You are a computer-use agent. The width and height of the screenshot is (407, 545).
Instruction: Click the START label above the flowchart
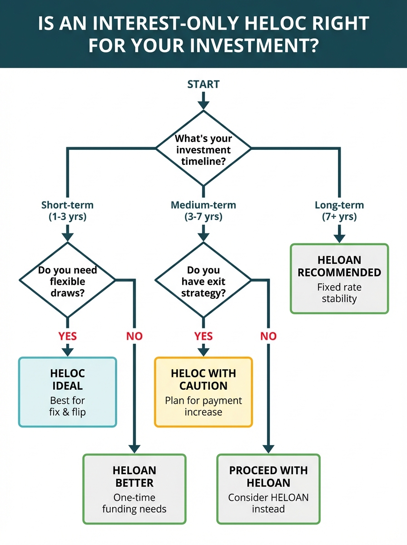pos(203,84)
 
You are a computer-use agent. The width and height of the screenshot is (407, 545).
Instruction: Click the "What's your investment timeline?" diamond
pos(203,149)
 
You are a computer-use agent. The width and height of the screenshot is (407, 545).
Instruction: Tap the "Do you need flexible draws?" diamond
pos(67,281)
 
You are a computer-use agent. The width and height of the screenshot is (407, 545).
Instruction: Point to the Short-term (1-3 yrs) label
pos(67,211)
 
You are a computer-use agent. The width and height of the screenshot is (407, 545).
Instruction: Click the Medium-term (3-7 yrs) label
pos(203,211)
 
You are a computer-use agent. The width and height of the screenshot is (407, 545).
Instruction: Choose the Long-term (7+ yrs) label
pos(339,211)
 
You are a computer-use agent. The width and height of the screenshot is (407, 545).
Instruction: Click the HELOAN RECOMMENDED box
pos(339,278)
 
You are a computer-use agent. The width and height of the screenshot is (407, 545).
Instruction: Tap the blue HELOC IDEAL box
pos(67,392)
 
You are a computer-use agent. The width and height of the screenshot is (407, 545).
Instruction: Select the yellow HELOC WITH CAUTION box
pos(203,392)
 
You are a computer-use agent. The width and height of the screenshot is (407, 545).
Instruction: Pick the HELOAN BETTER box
pos(134,489)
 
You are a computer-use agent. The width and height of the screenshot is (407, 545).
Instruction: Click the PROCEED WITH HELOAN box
pos(268,489)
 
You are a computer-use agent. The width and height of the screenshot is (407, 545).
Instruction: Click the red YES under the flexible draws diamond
pos(67,337)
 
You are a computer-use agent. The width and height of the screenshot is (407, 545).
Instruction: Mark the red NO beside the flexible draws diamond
pos(134,337)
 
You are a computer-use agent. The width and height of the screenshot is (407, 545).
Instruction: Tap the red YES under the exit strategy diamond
pos(203,337)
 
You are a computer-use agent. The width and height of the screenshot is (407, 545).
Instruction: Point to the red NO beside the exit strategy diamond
pos(268,337)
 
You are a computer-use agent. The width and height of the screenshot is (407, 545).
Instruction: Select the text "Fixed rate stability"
pos(339,293)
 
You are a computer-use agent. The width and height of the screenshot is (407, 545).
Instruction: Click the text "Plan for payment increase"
pos(203,406)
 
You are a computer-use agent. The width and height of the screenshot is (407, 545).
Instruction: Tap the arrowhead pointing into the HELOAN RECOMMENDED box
pos(339,238)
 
